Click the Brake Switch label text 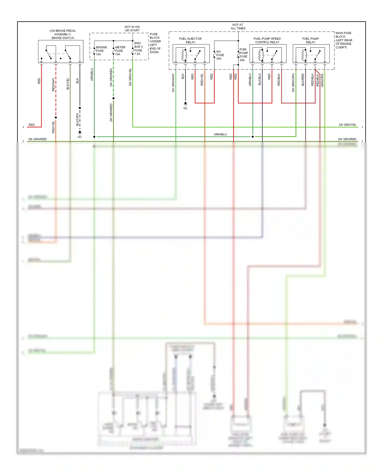tap(63, 38)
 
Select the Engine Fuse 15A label tap(101, 51)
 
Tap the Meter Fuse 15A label tap(120, 51)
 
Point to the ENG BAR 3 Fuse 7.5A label tap(138, 49)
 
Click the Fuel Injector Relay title tap(190, 40)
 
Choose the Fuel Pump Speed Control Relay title tap(267, 40)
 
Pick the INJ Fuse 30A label tap(220, 55)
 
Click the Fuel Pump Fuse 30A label tap(244, 55)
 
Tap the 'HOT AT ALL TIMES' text tap(238, 27)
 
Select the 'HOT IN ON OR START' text tap(132, 29)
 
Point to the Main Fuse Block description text tap(344, 40)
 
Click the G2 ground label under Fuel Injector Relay tap(185, 108)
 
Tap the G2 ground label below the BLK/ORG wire tap(80, 137)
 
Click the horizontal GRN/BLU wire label tap(220, 134)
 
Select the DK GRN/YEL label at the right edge tap(347, 125)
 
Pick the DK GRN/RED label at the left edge tap(38, 139)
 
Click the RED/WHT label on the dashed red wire tap(54, 84)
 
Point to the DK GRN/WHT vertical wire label tap(173, 83)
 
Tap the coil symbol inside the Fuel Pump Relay tap(303, 55)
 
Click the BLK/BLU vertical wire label tap(259, 79)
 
